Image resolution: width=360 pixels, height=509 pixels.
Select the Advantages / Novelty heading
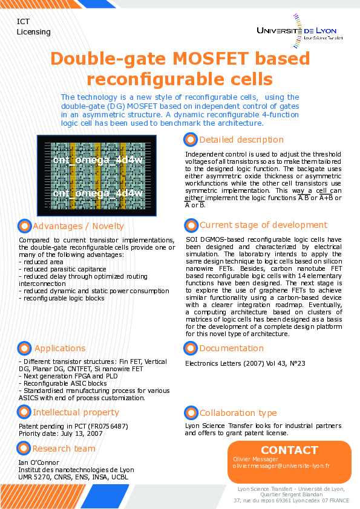point(78,226)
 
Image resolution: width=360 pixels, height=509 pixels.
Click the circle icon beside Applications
point(24,348)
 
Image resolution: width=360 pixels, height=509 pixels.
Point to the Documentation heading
point(232,348)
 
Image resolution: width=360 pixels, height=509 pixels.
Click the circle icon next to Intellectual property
point(24,412)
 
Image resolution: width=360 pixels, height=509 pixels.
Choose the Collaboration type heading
point(238,413)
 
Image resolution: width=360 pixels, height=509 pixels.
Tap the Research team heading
point(64,449)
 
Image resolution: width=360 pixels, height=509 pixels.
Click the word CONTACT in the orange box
point(289,450)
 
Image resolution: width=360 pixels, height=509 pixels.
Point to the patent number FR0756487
point(106,426)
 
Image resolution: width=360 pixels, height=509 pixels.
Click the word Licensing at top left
point(34,32)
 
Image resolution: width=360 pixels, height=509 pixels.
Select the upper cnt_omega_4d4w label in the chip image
point(97,160)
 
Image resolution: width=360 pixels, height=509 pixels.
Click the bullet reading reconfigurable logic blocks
point(63,298)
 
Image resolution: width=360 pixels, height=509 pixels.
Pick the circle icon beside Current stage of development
point(191,225)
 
